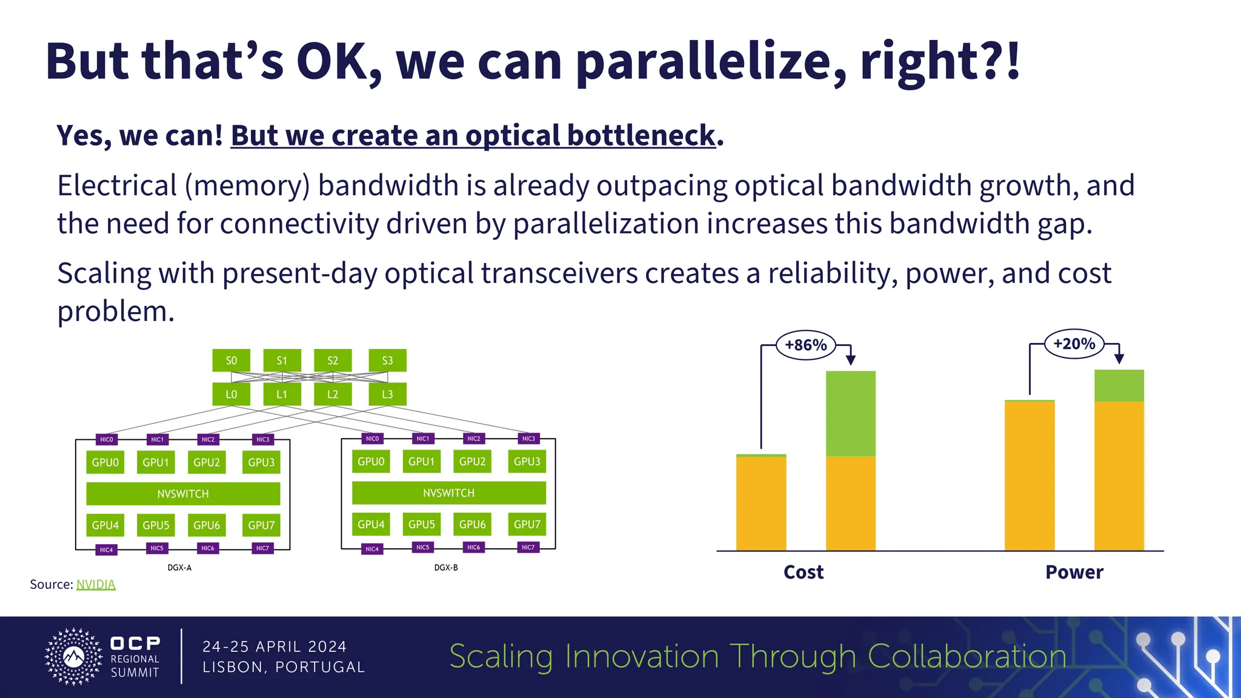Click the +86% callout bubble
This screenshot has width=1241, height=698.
click(805, 345)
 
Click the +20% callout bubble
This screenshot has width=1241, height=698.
click(1074, 344)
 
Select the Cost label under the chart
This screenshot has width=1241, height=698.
click(803, 572)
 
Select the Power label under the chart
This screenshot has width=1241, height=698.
click(1074, 572)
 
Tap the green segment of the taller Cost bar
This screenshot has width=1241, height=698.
click(850, 413)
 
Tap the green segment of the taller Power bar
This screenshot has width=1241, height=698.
click(1119, 385)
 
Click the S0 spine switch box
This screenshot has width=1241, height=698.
click(231, 361)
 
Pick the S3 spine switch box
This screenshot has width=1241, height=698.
click(387, 361)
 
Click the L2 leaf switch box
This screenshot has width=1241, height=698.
click(333, 394)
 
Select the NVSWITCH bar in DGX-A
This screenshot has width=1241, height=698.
click(183, 494)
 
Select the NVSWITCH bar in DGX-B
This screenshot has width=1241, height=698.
click(448, 493)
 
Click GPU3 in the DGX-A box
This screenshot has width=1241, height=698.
click(261, 462)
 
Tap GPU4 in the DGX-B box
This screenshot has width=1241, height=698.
click(371, 524)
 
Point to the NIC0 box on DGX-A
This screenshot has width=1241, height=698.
click(106, 439)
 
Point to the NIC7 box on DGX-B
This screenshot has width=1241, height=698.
click(528, 547)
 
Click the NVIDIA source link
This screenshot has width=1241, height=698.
click(96, 584)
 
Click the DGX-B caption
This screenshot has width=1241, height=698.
click(446, 568)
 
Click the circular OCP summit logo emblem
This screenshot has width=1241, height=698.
click(74, 657)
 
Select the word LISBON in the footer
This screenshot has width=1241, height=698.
click(232, 667)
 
